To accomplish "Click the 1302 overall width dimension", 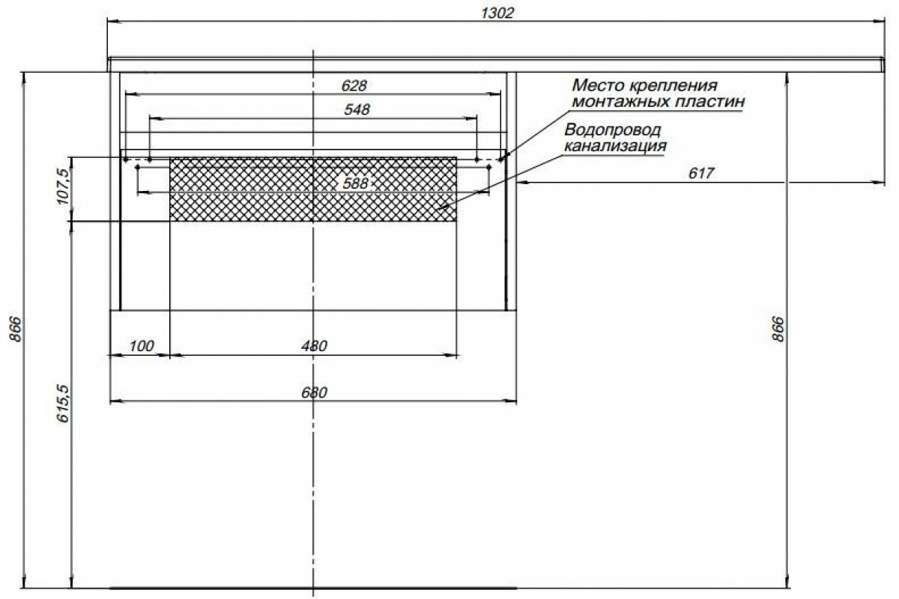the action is [497, 13].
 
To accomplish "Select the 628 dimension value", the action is [354, 86].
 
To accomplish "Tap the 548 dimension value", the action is [357, 109].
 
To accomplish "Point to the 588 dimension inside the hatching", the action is [355, 183].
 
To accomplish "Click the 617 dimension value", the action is [701, 173].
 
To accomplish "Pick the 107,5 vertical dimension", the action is [64, 186].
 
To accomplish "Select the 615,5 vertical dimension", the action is [64, 404].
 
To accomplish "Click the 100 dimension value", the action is [142, 346].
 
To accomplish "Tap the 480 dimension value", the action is [314, 346].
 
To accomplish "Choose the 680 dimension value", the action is [314, 392].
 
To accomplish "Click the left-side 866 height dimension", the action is [16, 329].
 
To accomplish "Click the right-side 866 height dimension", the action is [778, 329].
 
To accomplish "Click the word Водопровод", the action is [613, 130].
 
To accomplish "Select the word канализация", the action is [615, 146].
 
